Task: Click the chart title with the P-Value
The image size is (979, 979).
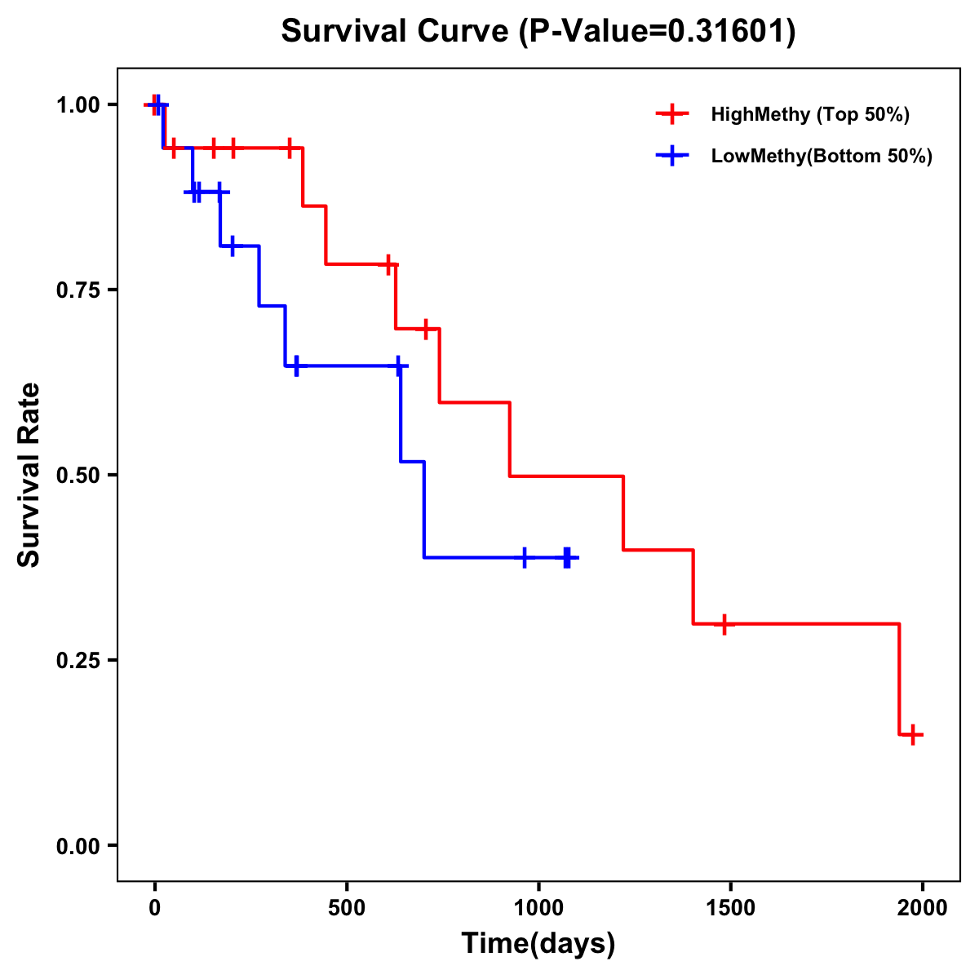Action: click(x=538, y=32)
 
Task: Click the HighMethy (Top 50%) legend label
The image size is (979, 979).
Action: click(x=810, y=114)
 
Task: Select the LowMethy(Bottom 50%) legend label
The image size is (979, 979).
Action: click(x=822, y=156)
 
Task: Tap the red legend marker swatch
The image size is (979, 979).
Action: click(x=672, y=114)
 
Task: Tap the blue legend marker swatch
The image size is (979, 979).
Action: click(x=672, y=156)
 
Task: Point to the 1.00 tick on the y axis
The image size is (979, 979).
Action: click(x=78, y=105)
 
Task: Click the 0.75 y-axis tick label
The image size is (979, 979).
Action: click(x=78, y=290)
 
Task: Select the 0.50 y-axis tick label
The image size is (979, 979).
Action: click(x=78, y=476)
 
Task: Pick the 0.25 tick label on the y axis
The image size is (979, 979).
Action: click(x=78, y=661)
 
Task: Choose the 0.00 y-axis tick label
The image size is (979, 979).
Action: click(x=78, y=846)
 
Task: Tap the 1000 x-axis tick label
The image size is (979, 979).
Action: click(x=538, y=908)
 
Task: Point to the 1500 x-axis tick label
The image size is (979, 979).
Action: click(x=730, y=908)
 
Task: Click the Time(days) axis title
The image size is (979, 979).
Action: click(x=538, y=944)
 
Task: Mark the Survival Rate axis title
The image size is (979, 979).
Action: click(x=29, y=475)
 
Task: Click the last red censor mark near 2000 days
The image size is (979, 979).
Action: click(x=913, y=734)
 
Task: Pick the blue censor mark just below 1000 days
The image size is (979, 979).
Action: click(x=525, y=557)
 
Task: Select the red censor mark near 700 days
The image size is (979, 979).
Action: click(x=425, y=329)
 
